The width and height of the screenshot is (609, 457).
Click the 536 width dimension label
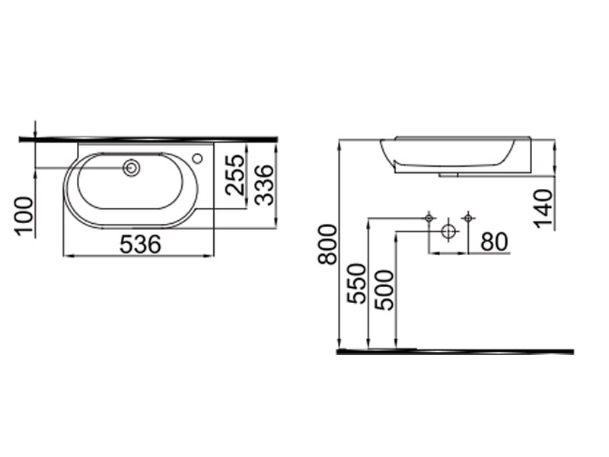point(140,244)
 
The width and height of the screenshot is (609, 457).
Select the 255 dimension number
point(235,175)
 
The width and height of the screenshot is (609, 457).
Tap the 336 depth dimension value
point(264,184)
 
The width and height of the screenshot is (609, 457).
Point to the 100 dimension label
point(24,216)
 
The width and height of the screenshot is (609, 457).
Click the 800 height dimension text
point(327,244)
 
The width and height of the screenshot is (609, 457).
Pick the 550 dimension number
point(356,283)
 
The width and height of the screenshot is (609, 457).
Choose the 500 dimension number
point(384,290)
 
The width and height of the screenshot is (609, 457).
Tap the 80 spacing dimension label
point(494,241)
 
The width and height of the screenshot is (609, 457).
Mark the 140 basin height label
point(543,209)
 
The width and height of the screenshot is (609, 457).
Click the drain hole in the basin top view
point(131,168)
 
